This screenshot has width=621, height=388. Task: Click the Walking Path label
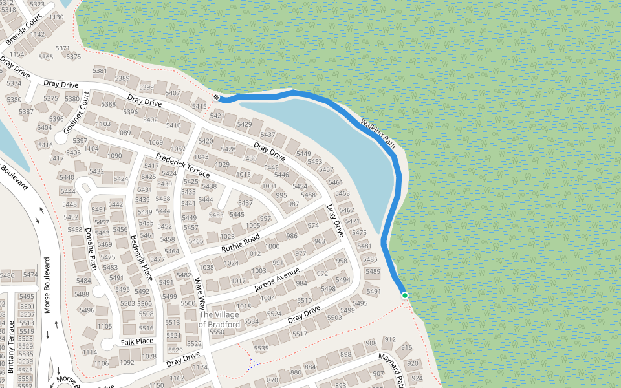[378, 134]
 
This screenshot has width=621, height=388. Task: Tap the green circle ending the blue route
[405, 296]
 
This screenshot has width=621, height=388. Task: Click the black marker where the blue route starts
[217, 98]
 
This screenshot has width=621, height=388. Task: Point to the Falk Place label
[137, 341]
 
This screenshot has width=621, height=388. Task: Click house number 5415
[199, 107]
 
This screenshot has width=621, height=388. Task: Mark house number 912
[389, 339]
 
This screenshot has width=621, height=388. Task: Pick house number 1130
[56, 17]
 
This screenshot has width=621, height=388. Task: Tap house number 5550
[217, 332]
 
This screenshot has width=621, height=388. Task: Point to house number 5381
[100, 71]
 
